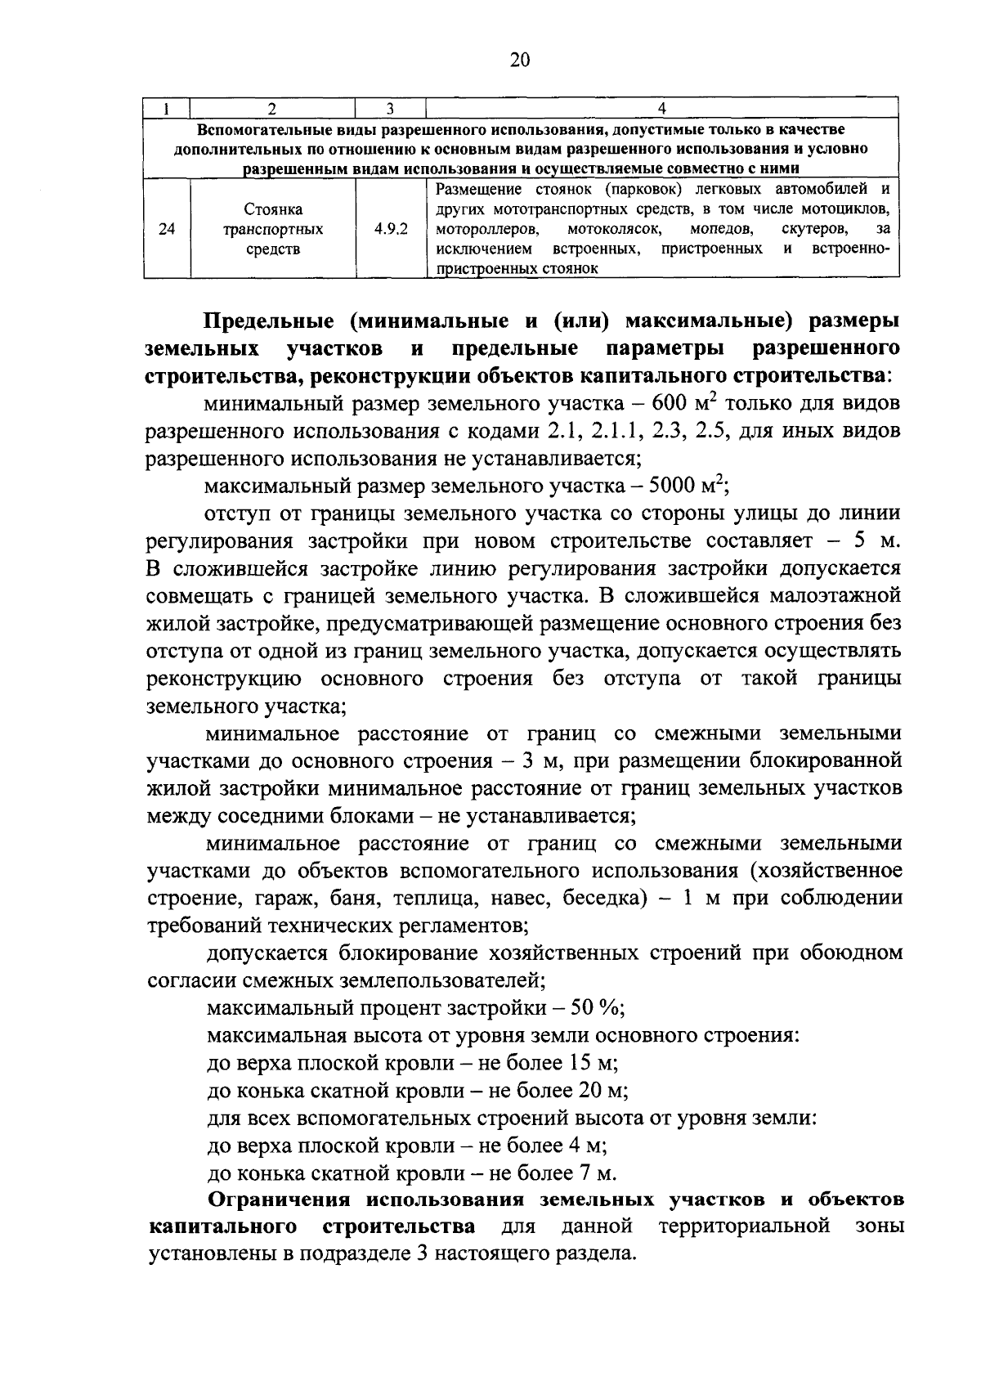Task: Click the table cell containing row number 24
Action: click(x=167, y=230)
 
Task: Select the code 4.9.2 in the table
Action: click(x=391, y=230)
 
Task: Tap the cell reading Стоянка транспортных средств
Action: click(x=273, y=230)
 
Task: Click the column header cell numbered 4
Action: click(x=662, y=108)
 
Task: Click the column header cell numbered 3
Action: click(x=390, y=108)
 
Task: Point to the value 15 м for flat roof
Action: click(x=589, y=1063)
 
